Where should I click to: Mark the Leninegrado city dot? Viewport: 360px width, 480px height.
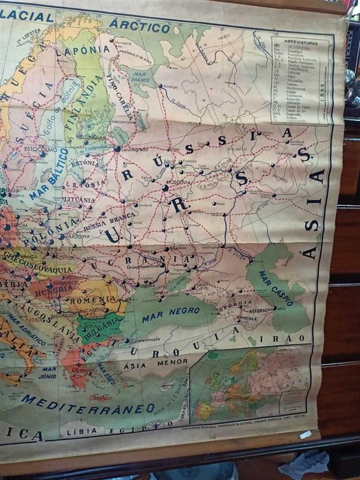click(x=117, y=149)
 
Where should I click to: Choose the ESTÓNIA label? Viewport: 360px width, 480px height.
click(x=85, y=163)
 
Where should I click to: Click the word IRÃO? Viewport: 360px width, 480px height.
click(x=291, y=338)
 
